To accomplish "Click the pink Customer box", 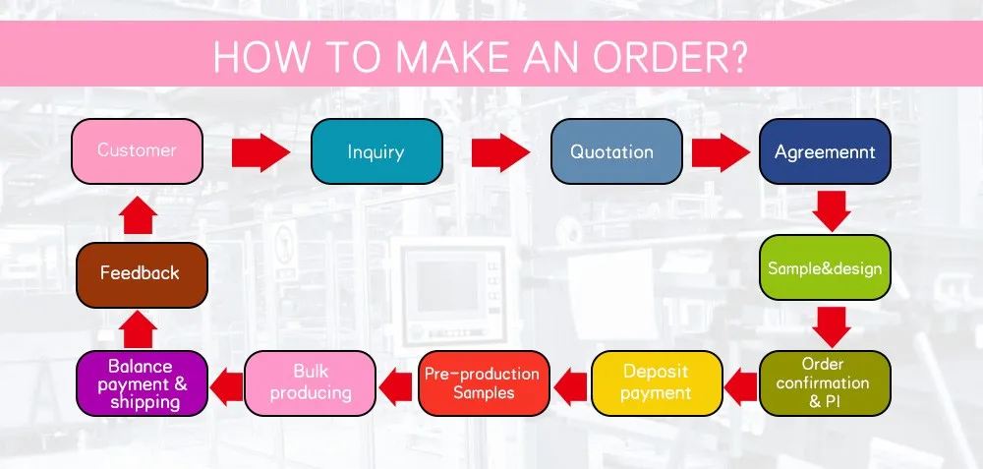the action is click(x=138, y=151).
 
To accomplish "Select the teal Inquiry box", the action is click(x=376, y=152).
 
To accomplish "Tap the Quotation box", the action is click(x=616, y=152).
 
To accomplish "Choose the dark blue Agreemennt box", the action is click(x=825, y=152).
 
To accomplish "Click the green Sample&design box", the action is click(x=825, y=267).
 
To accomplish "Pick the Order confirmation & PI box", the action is click(x=825, y=381).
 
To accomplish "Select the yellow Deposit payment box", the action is click(x=656, y=382).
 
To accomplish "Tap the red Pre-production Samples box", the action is click(x=483, y=382).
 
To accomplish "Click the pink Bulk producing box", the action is click(x=310, y=382).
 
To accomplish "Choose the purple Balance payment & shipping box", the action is click(x=143, y=382).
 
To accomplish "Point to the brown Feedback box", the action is click(x=140, y=272).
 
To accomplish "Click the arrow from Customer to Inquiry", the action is click(x=261, y=152).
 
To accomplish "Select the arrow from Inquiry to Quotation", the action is click(x=499, y=152).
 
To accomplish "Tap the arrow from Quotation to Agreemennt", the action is click(x=721, y=152).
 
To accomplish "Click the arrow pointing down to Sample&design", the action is click(x=832, y=210).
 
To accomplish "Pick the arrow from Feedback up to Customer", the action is click(x=141, y=214).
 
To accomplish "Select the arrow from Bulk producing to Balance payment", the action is click(x=227, y=383).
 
